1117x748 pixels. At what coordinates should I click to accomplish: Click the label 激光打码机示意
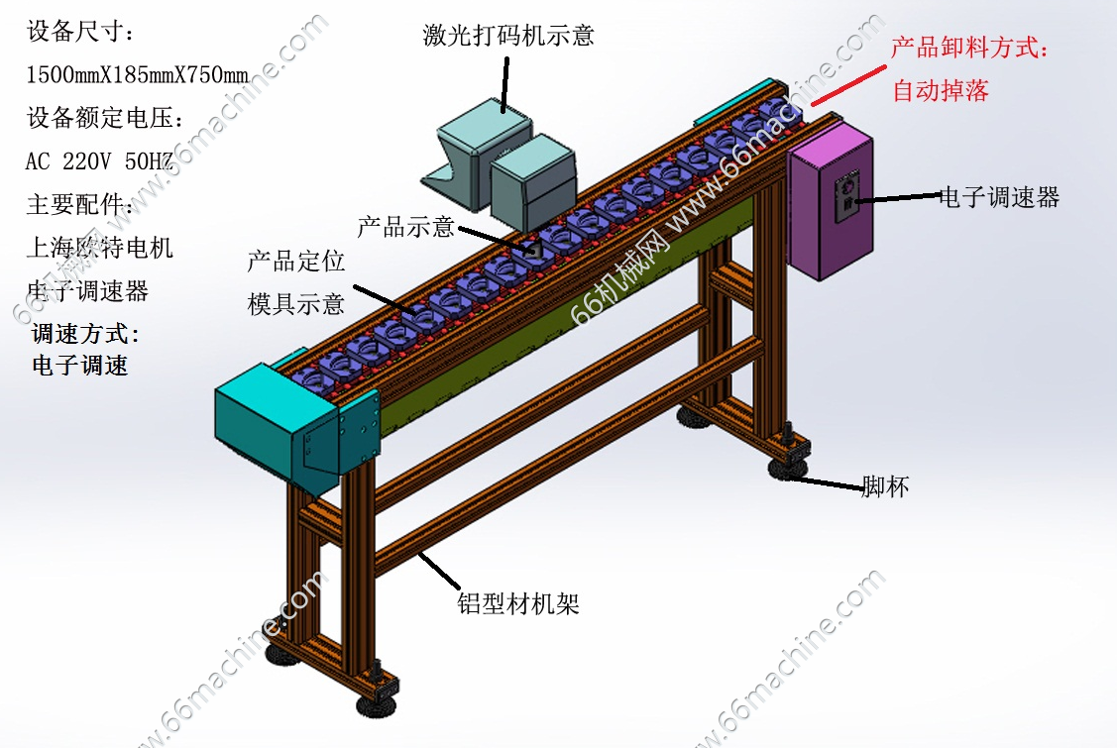click(x=508, y=35)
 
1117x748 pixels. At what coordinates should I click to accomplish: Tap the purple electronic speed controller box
click(x=831, y=201)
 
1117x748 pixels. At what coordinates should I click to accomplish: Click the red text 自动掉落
click(x=941, y=90)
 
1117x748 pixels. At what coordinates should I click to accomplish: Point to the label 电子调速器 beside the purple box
click(x=999, y=197)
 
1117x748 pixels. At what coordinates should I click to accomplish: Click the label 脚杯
click(x=885, y=486)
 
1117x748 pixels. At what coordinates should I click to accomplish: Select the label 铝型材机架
click(x=518, y=604)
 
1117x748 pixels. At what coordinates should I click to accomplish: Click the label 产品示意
click(x=405, y=227)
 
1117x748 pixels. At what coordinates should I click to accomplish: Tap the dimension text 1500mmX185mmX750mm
click(x=138, y=74)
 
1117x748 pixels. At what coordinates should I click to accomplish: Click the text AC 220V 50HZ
click(x=99, y=161)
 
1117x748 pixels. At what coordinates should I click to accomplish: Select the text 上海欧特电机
click(x=100, y=248)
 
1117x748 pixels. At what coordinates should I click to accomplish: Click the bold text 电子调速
click(x=79, y=366)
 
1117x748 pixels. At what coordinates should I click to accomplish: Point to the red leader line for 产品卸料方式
click(x=848, y=85)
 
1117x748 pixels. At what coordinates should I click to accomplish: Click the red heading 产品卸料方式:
click(x=969, y=48)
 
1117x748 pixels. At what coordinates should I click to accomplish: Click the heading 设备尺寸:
click(x=80, y=32)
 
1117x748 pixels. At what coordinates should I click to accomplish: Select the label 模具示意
click(x=295, y=304)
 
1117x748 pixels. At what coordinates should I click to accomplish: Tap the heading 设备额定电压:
click(x=105, y=118)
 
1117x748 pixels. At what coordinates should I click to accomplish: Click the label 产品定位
click(x=295, y=262)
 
